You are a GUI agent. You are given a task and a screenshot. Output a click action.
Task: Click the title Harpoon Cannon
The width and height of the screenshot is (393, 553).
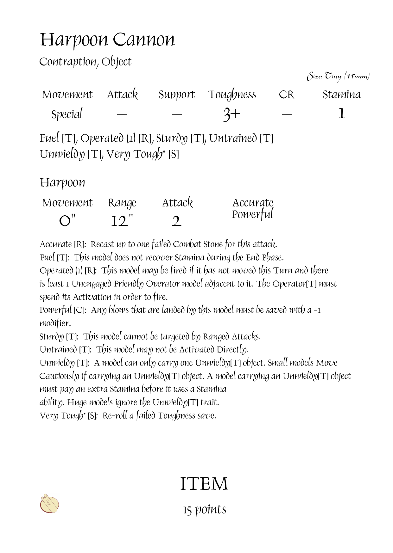[x=107, y=40]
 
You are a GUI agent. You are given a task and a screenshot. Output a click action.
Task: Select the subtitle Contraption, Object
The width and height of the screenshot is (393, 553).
[x=85, y=62]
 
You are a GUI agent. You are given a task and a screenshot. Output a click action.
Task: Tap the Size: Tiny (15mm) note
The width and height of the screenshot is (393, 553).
[x=338, y=77]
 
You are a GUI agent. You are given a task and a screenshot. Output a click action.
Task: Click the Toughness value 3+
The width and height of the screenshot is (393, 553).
[x=231, y=114]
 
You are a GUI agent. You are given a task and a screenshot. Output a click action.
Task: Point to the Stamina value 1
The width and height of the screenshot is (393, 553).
[x=341, y=114]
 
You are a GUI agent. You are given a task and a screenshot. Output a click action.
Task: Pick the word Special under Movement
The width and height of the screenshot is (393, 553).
[x=67, y=114]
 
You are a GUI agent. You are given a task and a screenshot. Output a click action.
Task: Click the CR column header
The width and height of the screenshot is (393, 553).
[x=287, y=95]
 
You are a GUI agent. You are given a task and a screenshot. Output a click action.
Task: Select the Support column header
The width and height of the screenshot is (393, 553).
[x=176, y=95]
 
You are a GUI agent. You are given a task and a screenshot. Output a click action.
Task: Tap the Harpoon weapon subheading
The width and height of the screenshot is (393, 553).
[x=62, y=183]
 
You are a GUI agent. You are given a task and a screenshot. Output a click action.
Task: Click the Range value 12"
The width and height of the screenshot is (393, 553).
[x=122, y=221]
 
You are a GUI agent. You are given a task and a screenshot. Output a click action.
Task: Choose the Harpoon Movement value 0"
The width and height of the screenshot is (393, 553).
[x=67, y=221]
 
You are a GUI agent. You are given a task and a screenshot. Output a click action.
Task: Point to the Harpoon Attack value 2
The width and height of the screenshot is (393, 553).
[x=177, y=221]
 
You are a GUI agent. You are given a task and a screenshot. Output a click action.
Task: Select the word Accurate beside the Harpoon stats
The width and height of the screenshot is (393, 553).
[x=253, y=202]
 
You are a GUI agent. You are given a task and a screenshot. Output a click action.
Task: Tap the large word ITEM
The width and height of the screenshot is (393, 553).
[x=204, y=484]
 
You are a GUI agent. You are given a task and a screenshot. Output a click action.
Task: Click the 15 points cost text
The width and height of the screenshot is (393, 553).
[x=204, y=509]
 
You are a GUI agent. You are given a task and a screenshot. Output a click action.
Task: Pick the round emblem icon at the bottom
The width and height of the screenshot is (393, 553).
[x=50, y=504]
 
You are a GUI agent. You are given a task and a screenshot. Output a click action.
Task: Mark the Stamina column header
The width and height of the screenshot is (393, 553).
[x=341, y=95]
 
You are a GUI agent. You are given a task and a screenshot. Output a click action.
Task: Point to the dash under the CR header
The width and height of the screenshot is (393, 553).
[x=287, y=114]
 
